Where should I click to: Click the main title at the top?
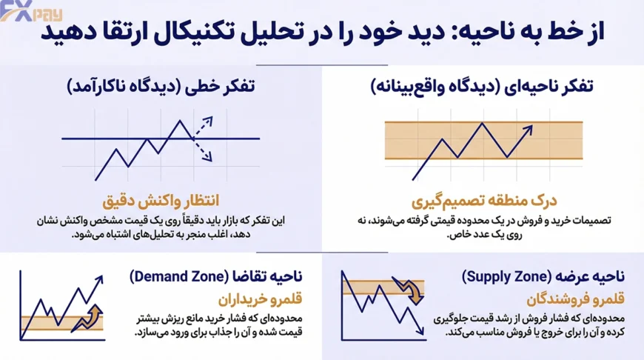tap(323, 33)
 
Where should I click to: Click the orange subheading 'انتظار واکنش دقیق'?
tap(159, 201)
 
